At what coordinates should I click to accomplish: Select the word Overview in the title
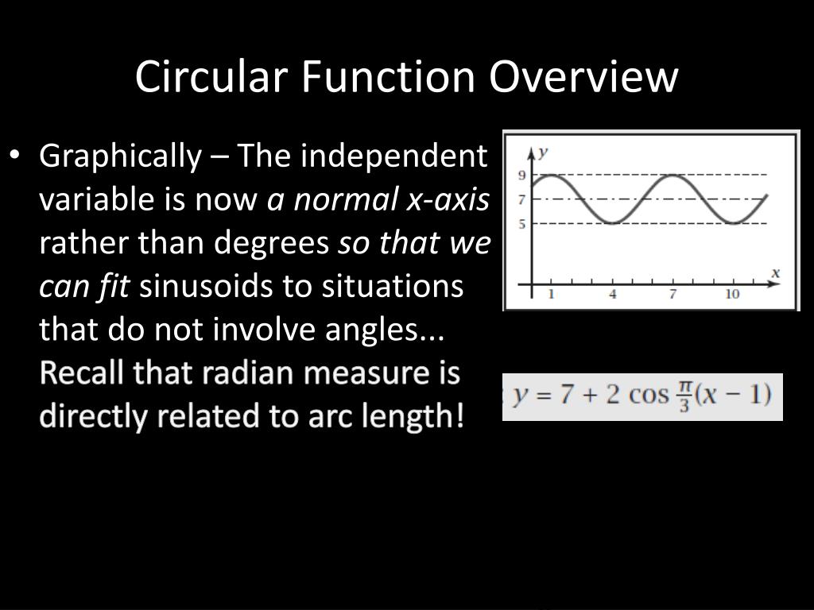[x=583, y=77]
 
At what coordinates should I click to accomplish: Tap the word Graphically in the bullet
[x=120, y=157]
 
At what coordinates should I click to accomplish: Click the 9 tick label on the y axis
[x=522, y=175]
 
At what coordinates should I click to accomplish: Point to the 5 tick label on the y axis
[x=522, y=224]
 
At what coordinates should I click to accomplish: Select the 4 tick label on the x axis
[x=613, y=295]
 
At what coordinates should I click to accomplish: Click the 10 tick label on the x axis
[x=732, y=295]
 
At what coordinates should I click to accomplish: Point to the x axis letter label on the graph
[x=775, y=273]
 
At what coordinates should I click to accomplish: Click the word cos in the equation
[x=649, y=395]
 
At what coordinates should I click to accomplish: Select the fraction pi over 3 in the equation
[x=684, y=395]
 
